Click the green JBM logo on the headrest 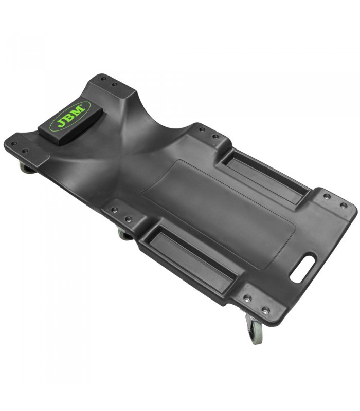coord(70,117)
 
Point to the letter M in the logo coord(79,110)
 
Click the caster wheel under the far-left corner coord(27,168)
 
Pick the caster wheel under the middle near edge coord(125,234)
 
